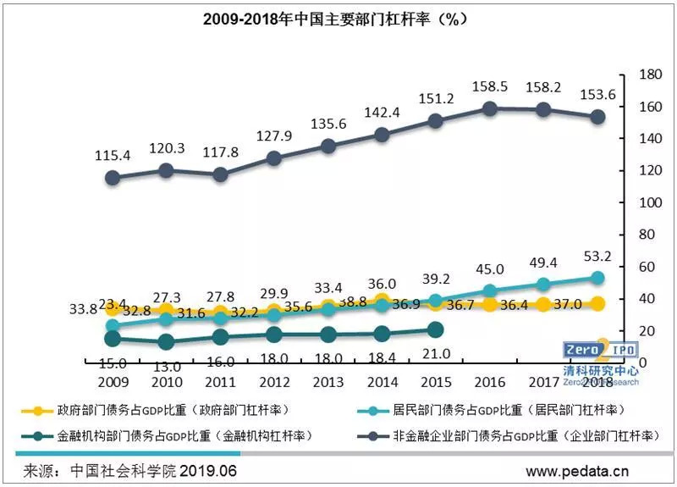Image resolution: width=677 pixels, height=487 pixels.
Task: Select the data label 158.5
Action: click(490, 86)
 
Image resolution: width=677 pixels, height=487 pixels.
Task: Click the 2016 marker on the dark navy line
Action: click(489, 108)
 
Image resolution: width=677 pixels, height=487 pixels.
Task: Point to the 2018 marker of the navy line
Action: click(597, 117)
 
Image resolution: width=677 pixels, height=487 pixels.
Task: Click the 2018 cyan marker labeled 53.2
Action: click(597, 278)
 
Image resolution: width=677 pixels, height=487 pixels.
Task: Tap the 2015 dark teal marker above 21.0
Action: click(435, 329)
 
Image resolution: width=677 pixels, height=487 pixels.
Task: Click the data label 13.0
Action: click(167, 367)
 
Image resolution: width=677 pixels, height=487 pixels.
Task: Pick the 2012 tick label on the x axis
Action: click(274, 383)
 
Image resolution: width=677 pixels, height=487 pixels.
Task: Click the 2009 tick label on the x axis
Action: click(113, 383)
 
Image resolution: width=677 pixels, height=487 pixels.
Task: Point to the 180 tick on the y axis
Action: click(648, 75)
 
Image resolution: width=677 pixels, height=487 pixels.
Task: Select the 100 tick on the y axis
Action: click(648, 202)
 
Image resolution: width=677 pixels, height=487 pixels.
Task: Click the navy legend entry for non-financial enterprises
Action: click(508, 436)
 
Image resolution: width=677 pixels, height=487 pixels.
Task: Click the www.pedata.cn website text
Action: click(577, 469)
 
